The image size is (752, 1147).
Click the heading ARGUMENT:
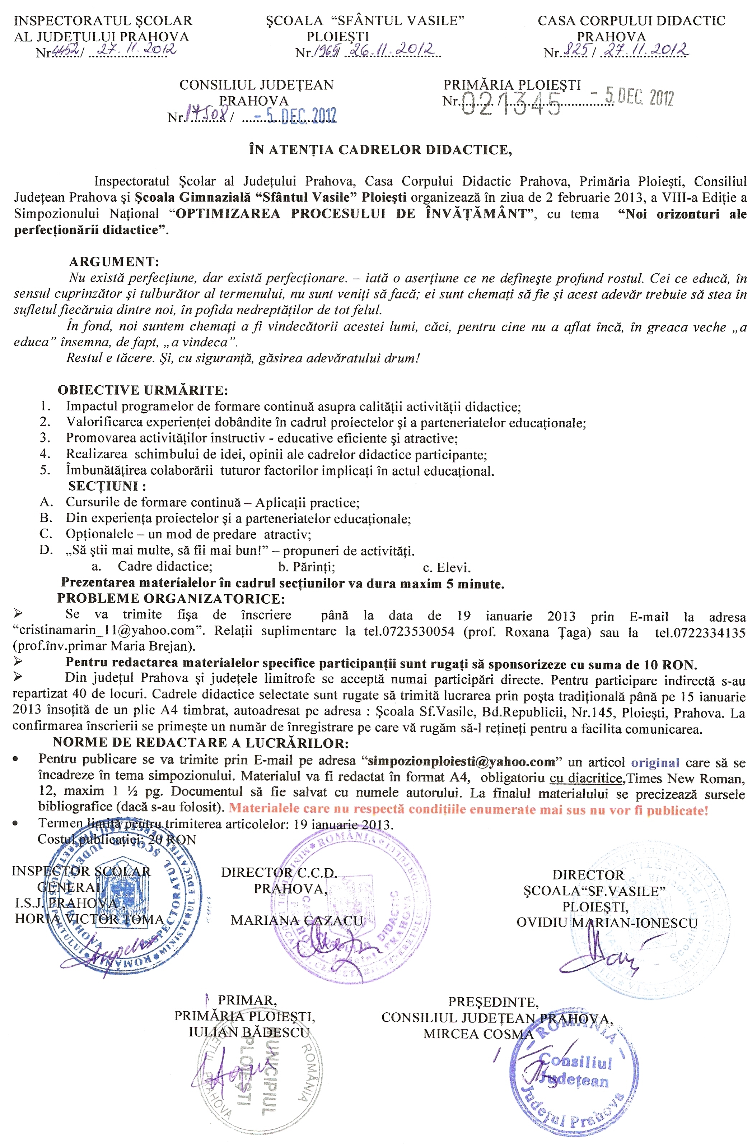pyautogui.click(x=114, y=262)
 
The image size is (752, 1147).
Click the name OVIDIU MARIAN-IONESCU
pyautogui.click(x=607, y=923)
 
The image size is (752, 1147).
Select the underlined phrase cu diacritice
pyautogui.click(x=585, y=778)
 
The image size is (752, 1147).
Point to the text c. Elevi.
pyautogui.click(x=446, y=567)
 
